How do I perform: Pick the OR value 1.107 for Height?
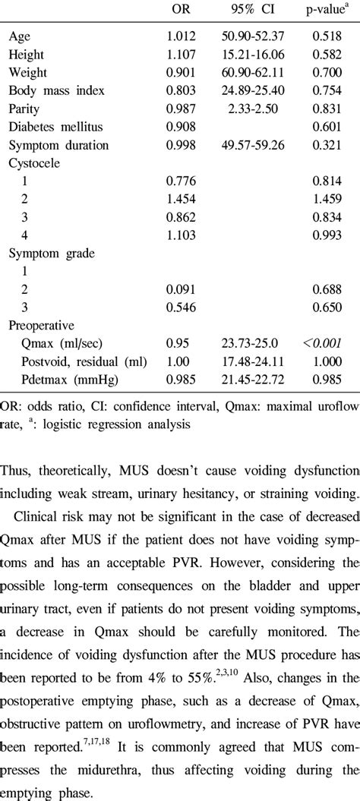click(x=182, y=54)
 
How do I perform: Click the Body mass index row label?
click(x=56, y=90)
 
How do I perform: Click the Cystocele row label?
click(x=35, y=163)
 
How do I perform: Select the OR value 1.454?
click(x=182, y=200)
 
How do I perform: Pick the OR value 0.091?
click(x=182, y=291)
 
